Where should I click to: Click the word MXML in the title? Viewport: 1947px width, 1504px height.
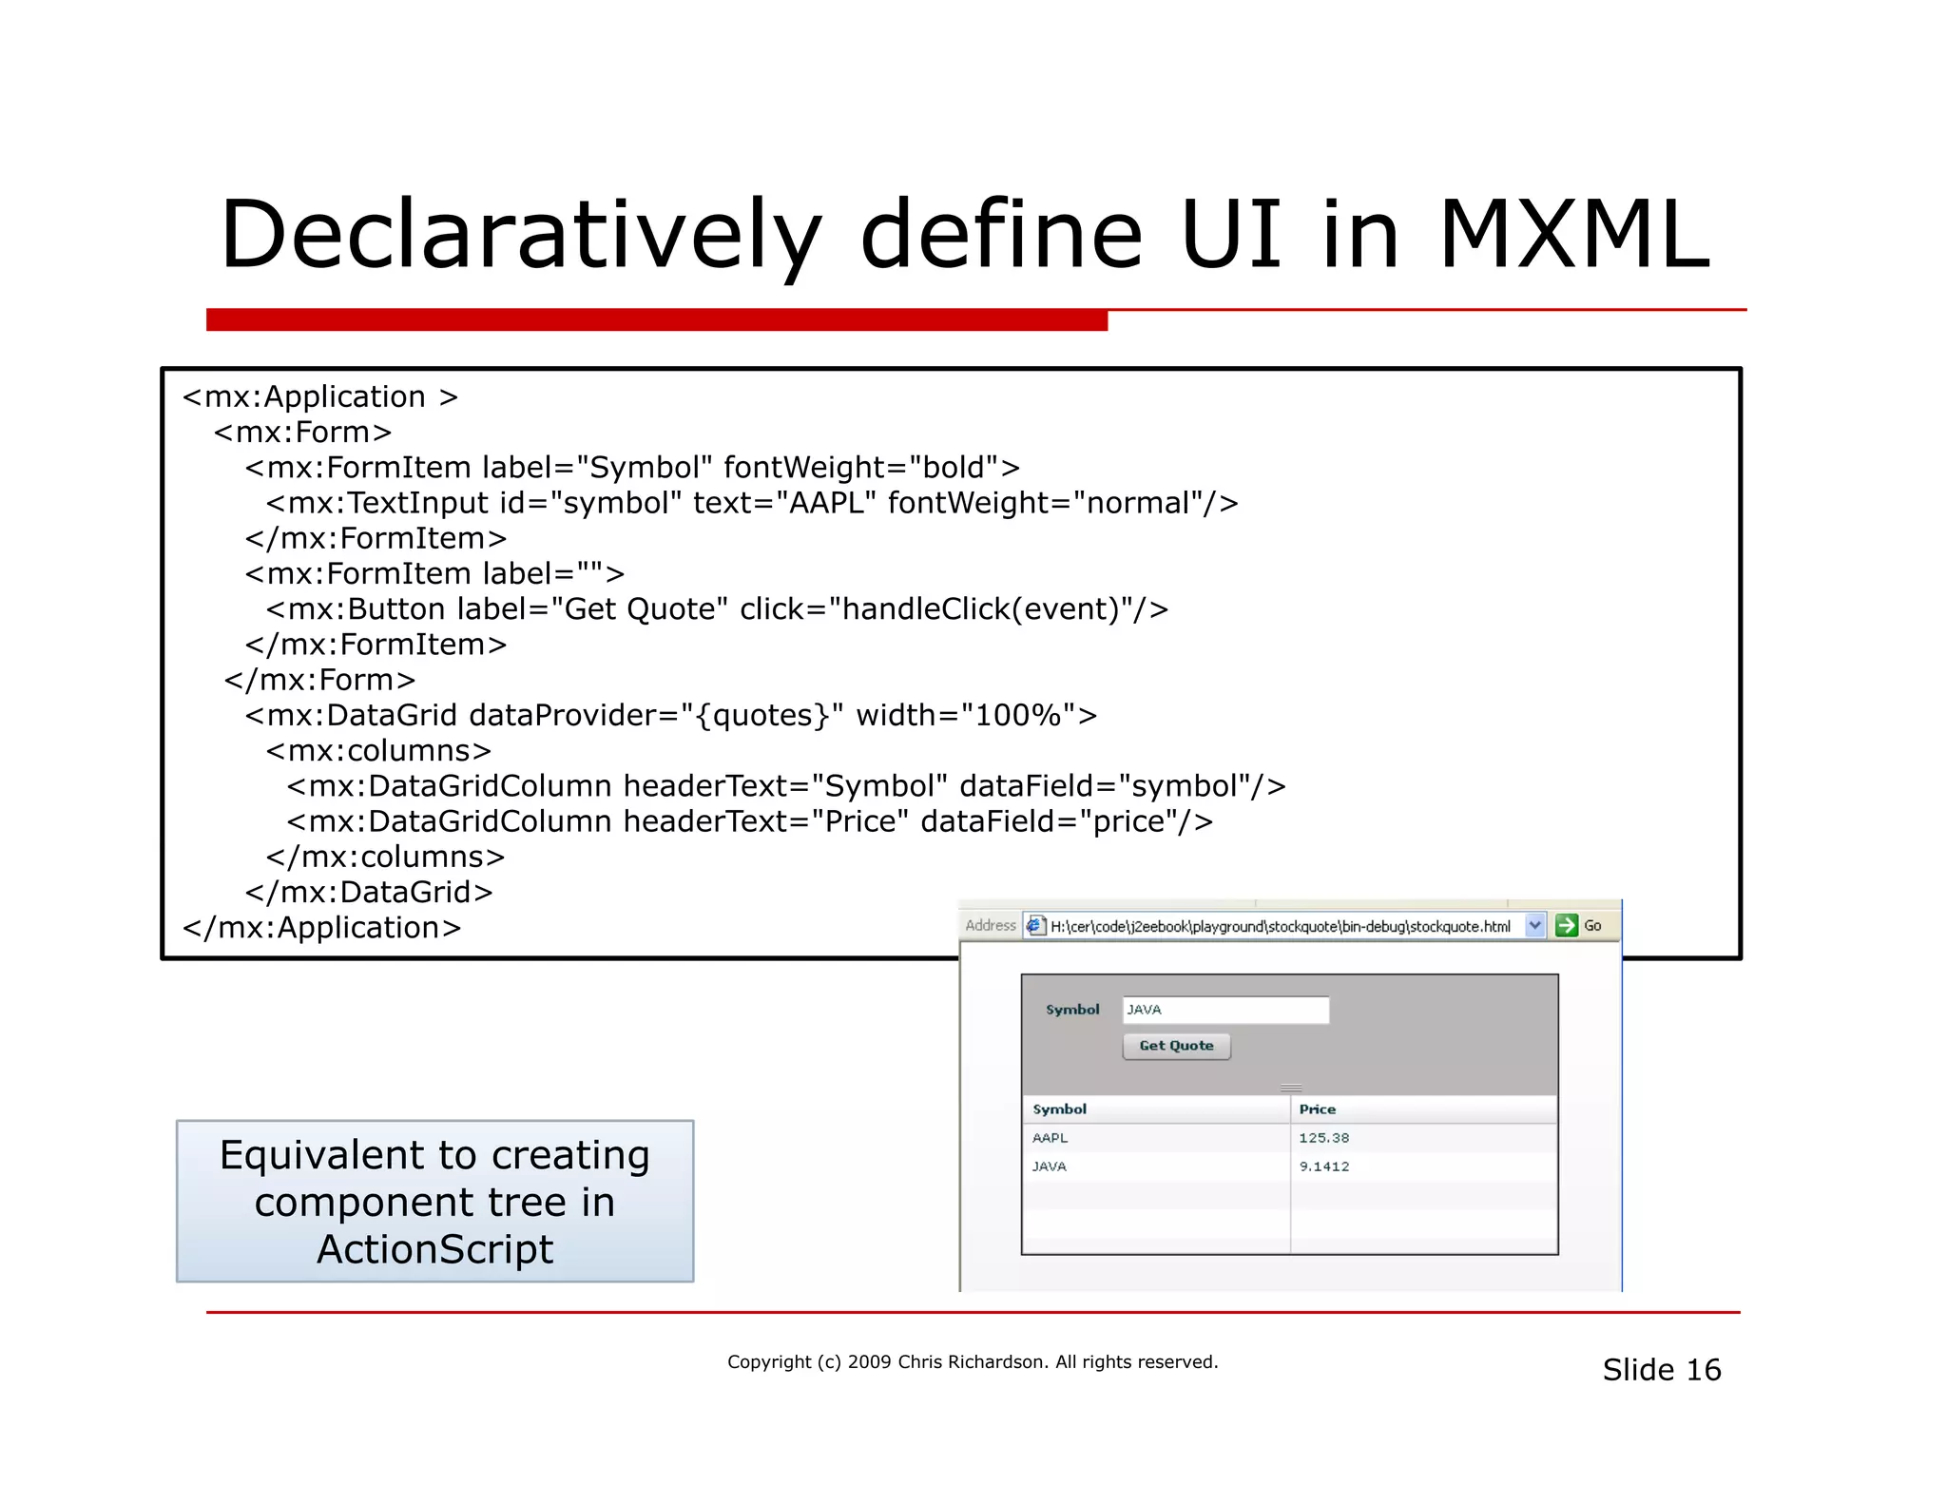[1574, 235]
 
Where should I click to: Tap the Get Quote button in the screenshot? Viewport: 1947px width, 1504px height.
[1176, 1046]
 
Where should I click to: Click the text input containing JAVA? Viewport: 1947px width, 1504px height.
[1225, 1010]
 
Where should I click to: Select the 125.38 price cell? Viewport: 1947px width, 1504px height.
[1324, 1138]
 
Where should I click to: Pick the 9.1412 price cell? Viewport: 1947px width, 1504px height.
[1324, 1167]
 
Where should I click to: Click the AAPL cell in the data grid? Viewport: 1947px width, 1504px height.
[1051, 1138]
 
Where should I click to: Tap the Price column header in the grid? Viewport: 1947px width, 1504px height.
[1318, 1109]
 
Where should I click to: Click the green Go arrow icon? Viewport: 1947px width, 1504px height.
[1566, 925]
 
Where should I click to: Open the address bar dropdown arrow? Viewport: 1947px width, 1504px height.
[1534, 925]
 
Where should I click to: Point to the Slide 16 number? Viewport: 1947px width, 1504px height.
[1661, 1370]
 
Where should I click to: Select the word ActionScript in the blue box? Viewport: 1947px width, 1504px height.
[434, 1249]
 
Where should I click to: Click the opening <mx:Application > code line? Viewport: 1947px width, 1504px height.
[320, 396]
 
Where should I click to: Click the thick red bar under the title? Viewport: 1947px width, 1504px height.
[656, 320]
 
